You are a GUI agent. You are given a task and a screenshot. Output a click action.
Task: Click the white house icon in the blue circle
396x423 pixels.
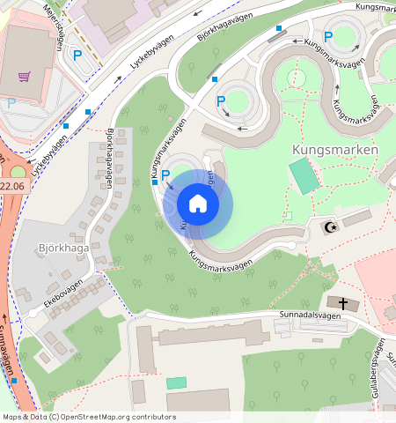[x=198, y=204]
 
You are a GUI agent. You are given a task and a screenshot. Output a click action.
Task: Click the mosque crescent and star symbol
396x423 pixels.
[x=332, y=228]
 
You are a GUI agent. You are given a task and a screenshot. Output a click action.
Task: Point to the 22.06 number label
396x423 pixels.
[x=12, y=186]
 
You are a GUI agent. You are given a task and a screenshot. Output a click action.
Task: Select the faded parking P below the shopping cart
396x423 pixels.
[x=11, y=103]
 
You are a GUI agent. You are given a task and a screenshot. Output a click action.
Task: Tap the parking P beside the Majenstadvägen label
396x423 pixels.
[x=77, y=55]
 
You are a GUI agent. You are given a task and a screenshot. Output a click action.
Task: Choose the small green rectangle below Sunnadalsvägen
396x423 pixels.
[x=177, y=383]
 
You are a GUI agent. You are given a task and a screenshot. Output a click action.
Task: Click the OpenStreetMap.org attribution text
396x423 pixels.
[x=112, y=417]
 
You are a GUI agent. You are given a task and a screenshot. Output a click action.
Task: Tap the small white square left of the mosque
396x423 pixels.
[x=288, y=215]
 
